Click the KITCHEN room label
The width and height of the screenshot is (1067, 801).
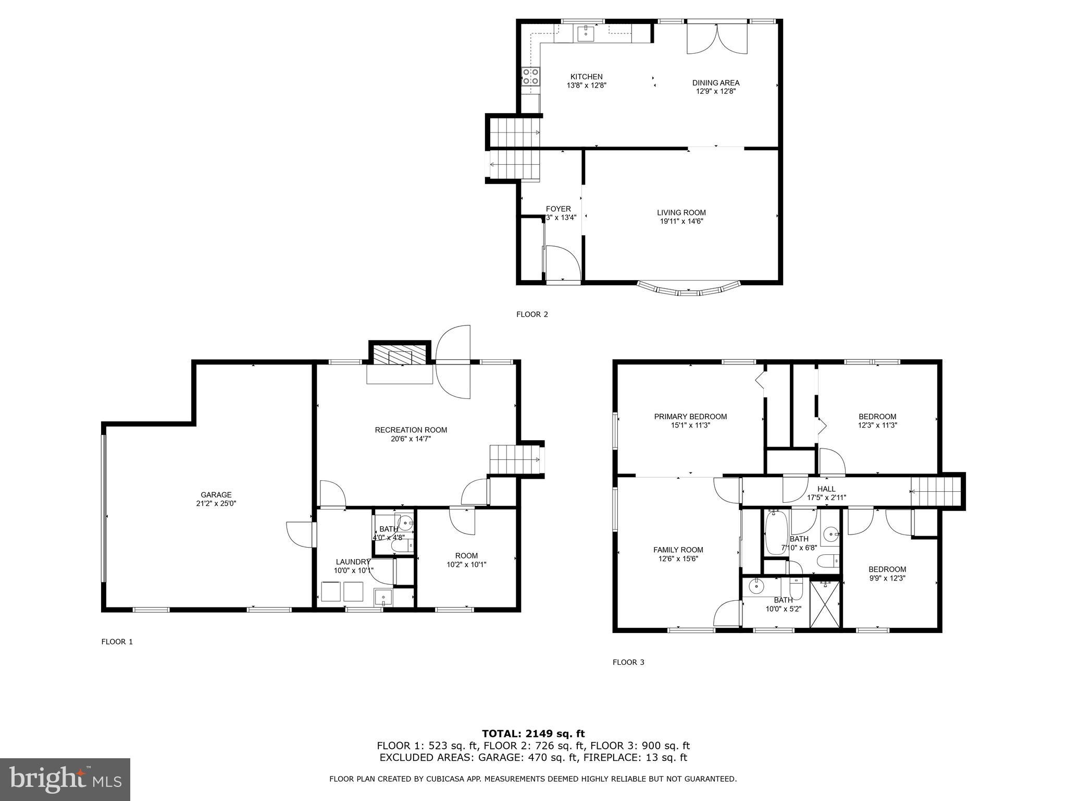[586, 77]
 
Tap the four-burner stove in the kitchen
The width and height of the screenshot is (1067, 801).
[530, 77]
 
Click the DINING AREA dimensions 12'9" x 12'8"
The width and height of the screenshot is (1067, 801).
[715, 91]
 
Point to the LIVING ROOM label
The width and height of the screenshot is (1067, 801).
[681, 212]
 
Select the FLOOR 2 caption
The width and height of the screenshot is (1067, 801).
[531, 314]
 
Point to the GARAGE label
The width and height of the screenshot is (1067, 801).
[216, 495]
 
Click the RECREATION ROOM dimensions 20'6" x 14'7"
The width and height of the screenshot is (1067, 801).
[411, 439]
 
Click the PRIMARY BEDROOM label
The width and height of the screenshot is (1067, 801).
[690, 417]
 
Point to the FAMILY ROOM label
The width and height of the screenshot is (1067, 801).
[678, 550]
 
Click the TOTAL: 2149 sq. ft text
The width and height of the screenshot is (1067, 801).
[533, 734]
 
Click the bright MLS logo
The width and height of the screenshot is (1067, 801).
[65, 780]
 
